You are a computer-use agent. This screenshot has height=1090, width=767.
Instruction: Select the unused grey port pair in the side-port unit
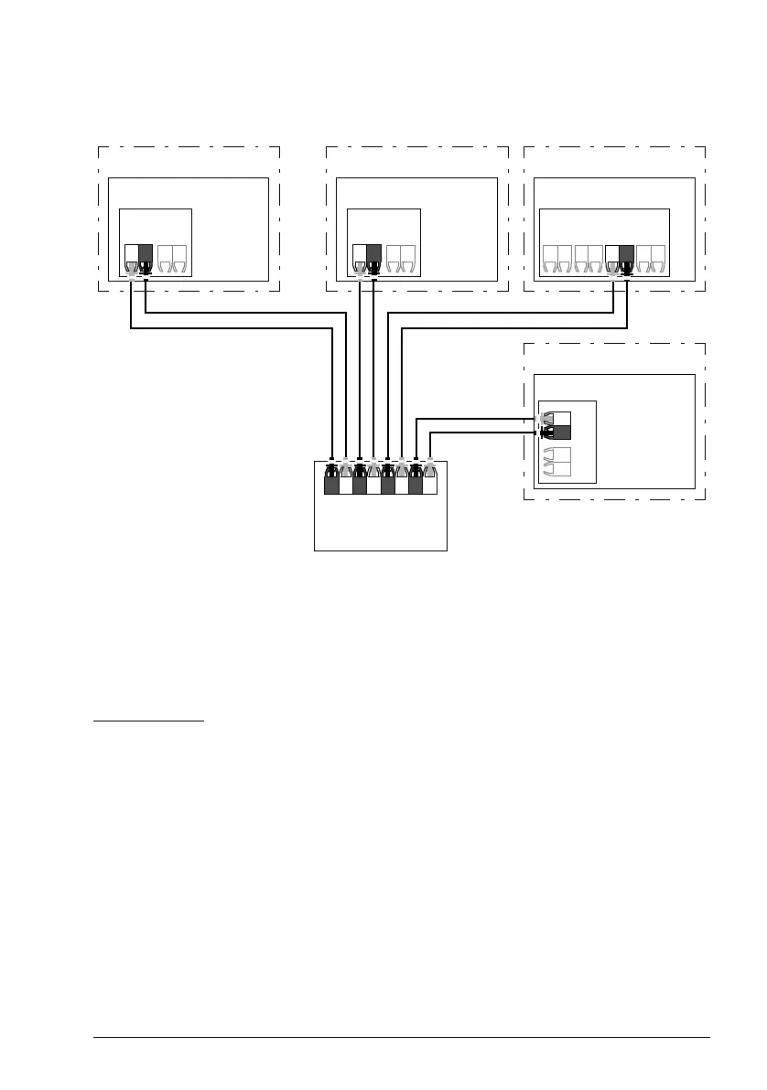(x=556, y=462)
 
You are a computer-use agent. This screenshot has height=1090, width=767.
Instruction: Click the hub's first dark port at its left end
(x=331, y=479)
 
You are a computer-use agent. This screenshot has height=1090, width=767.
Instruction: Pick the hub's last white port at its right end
(x=430, y=479)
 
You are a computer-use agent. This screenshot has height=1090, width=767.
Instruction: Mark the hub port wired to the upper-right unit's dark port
(x=402, y=479)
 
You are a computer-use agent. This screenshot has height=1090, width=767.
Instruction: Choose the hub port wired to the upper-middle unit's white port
(x=360, y=479)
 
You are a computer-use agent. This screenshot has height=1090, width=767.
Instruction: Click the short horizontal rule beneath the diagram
(x=149, y=721)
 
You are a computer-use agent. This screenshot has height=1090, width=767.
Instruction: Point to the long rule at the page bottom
(x=403, y=1037)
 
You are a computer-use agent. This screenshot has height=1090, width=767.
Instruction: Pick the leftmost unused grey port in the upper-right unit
(x=550, y=258)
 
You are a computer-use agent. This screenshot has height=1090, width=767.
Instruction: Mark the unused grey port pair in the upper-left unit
(x=172, y=258)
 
